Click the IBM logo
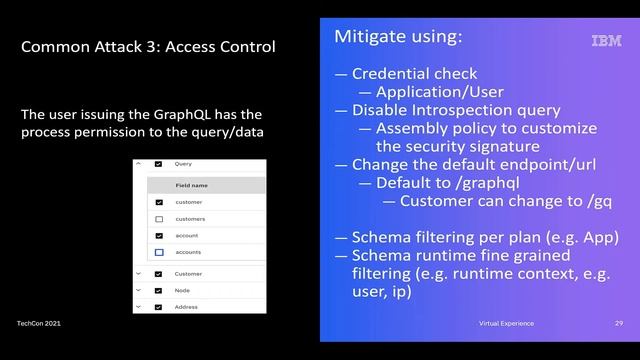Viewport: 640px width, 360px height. [606, 41]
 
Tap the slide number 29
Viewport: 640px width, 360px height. [619, 323]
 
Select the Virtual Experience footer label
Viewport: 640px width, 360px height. [506, 323]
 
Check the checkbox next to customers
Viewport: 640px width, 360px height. [158, 218]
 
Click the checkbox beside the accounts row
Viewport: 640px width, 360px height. [158, 252]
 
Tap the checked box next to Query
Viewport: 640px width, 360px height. [158, 163]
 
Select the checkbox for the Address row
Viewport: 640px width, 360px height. [158, 307]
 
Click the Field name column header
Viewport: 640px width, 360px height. [191, 185]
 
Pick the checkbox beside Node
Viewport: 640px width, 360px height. [158, 290]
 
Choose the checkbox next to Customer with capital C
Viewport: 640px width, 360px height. [158, 273]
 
